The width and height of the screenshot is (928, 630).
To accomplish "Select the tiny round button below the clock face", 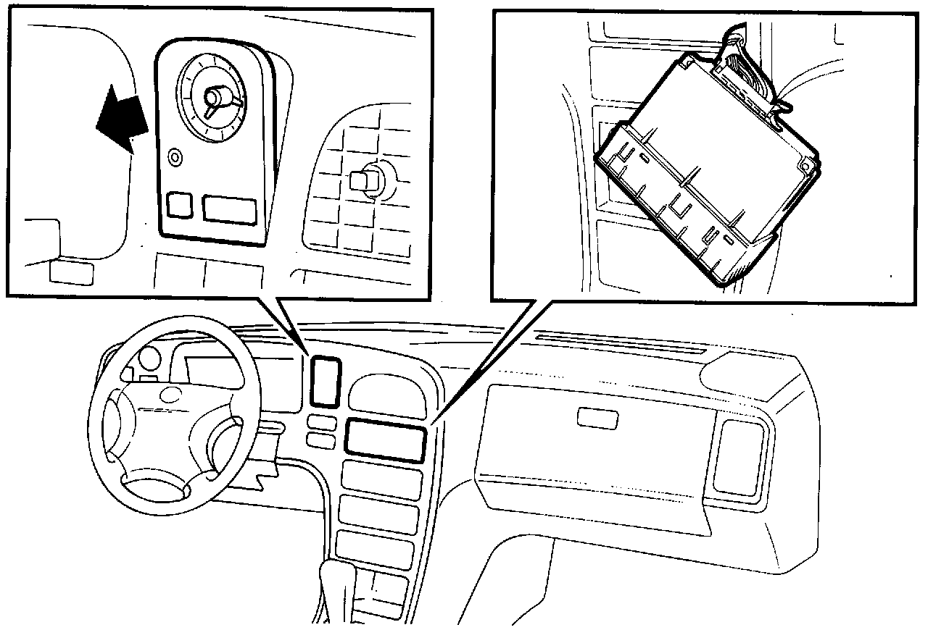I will coord(174,156).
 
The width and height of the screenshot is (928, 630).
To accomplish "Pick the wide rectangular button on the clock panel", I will coord(229,208).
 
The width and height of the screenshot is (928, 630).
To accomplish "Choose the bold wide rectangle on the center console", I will coord(384,440).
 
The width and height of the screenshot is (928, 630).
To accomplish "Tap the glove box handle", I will coord(597,417).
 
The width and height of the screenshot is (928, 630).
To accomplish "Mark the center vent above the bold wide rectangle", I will coord(385,395).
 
